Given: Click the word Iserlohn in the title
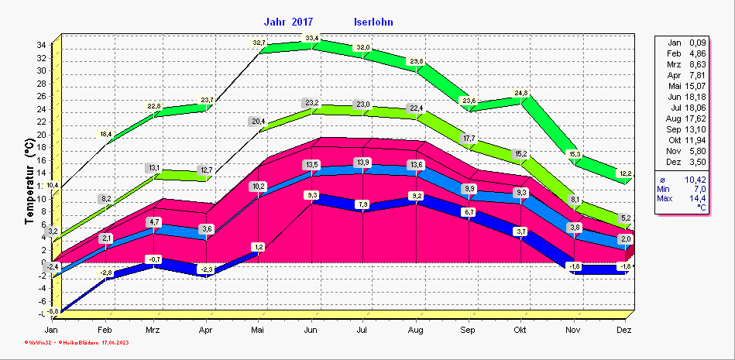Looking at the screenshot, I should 373,22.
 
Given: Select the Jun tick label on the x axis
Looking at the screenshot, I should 311,330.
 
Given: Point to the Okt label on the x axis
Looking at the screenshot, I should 520,330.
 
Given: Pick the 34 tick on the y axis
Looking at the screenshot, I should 41,45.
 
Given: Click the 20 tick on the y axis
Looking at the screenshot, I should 41,135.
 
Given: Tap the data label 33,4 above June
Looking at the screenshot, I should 312,38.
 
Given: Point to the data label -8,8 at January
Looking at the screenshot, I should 53,311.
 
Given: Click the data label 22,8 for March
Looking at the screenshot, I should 154,106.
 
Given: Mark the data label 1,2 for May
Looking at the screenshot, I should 259,247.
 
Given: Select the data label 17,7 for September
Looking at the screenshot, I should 469,139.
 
